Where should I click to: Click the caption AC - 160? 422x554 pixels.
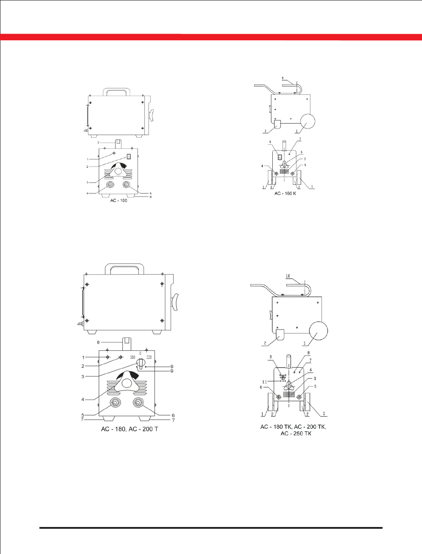pos(119,201)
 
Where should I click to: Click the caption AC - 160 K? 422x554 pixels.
pos(285,194)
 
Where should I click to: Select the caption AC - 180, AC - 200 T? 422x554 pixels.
pos(130,429)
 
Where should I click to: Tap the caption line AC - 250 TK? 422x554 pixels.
pos(296,434)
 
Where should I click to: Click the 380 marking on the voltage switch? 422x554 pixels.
pos(133,357)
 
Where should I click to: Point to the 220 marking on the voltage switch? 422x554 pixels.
pos(149,357)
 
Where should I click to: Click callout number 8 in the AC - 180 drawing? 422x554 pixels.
pos(98,342)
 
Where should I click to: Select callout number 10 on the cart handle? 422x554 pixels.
pos(288,276)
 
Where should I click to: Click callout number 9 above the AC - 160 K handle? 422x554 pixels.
pos(283,78)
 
